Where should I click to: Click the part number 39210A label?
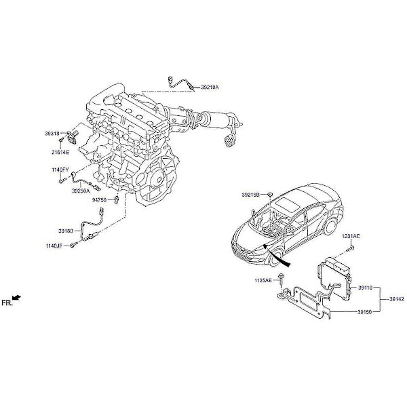210,88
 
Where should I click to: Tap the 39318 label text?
52,134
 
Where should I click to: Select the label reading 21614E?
60,153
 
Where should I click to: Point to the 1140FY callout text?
60,170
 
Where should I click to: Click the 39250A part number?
81,191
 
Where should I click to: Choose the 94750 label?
100,200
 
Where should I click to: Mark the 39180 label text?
66,231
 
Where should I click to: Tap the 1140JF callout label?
54,246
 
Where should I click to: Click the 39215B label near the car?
250,195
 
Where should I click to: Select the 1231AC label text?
351,237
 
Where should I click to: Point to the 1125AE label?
263,280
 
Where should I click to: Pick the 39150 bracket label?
365,312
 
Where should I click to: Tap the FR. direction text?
7,303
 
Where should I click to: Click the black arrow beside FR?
17,298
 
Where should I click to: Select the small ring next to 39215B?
270,194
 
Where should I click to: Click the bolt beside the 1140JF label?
74,244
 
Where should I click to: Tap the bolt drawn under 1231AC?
351,248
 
